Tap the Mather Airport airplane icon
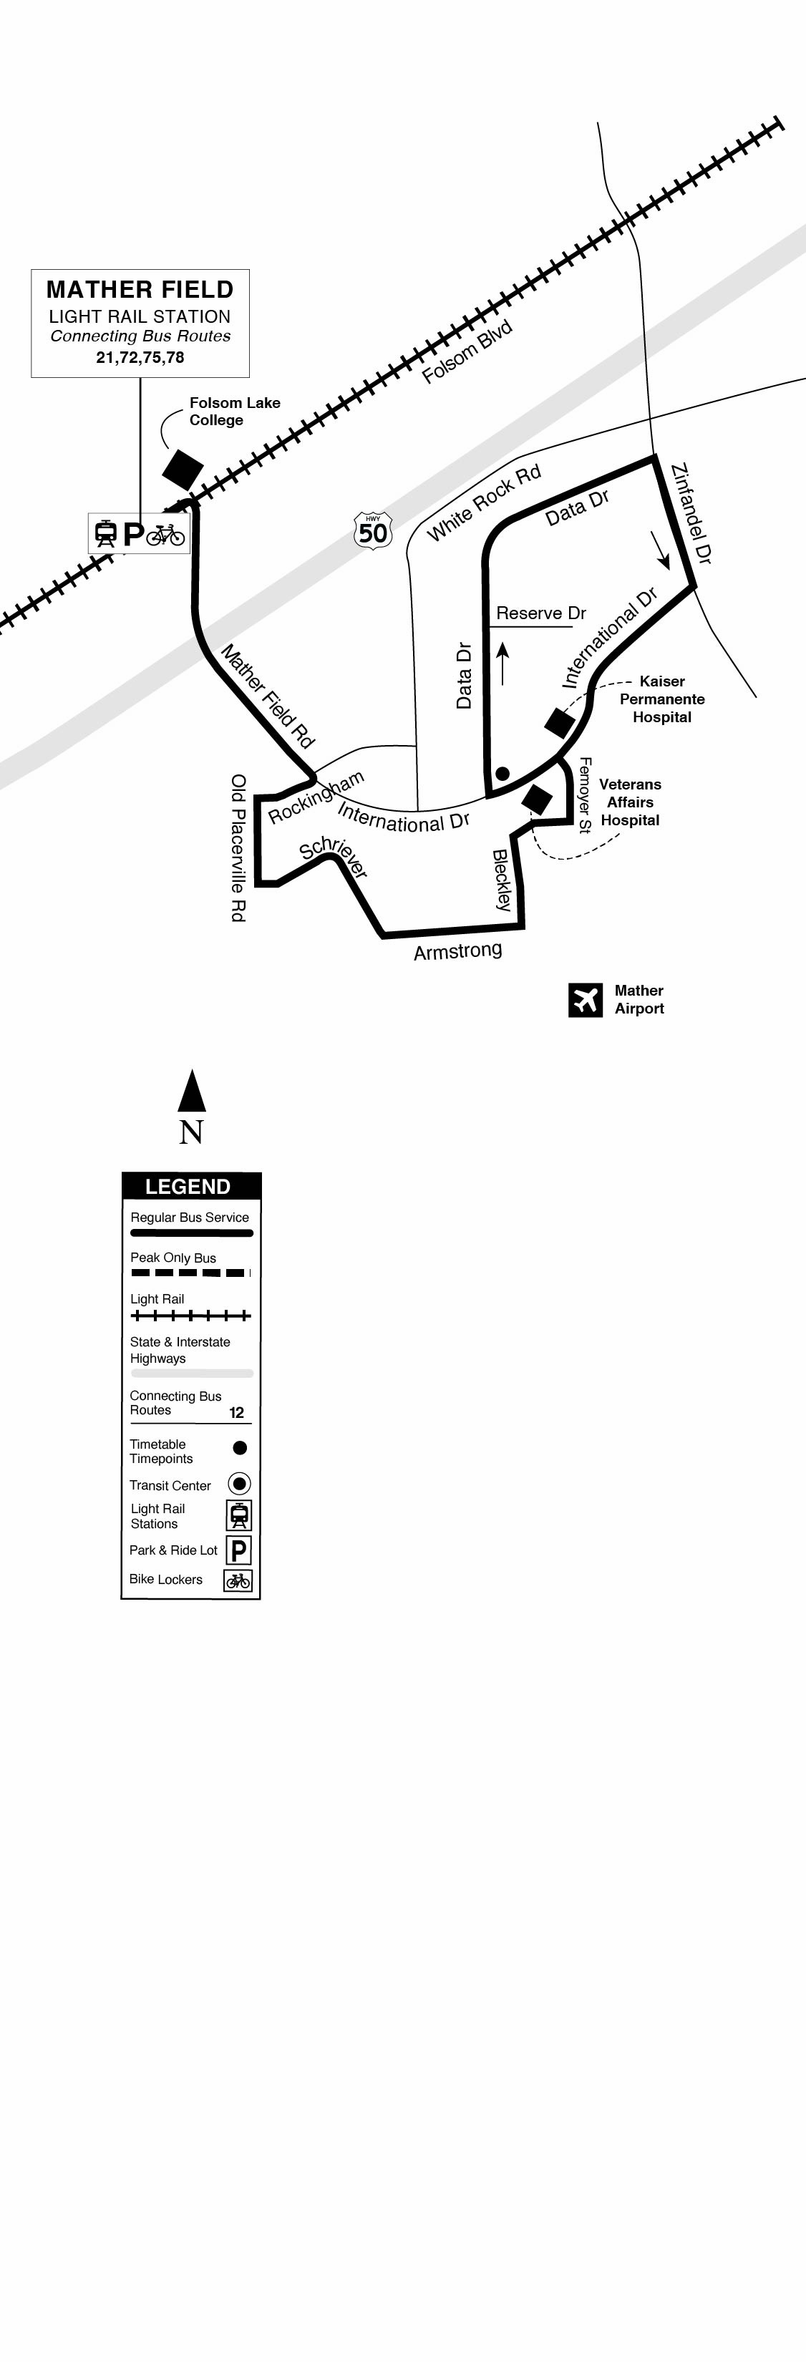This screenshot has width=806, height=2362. coord(585,999)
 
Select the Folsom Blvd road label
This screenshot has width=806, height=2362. coord(466,352)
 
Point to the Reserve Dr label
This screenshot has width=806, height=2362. coord(541,613)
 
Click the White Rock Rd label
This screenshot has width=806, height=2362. coord(484,502)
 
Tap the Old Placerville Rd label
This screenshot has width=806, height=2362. coord(238,847)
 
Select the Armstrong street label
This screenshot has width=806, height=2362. coord(457,951)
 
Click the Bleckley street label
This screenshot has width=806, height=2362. coord(502,880)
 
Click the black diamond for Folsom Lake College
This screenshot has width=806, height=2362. coord(183,470)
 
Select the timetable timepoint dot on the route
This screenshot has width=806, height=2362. coord(502,774)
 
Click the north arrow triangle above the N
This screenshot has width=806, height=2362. coord(192,1091)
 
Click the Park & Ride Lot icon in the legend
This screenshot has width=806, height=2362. coord(238,1550)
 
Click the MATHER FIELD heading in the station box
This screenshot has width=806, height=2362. coord(140,290)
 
